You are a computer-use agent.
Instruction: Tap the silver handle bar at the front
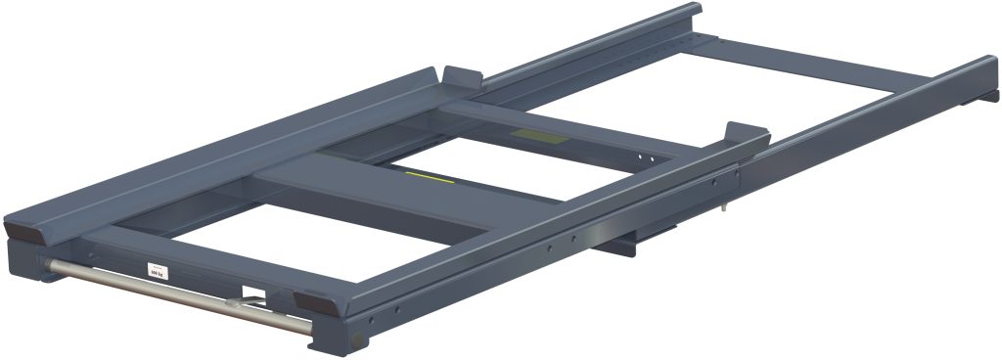pos(176,294)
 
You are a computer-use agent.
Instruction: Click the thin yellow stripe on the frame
pos(428,176)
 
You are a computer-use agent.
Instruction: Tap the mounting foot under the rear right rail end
pos(979,101)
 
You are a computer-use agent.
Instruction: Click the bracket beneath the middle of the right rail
pos(646,235)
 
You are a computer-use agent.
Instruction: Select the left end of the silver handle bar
pos(49,263)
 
